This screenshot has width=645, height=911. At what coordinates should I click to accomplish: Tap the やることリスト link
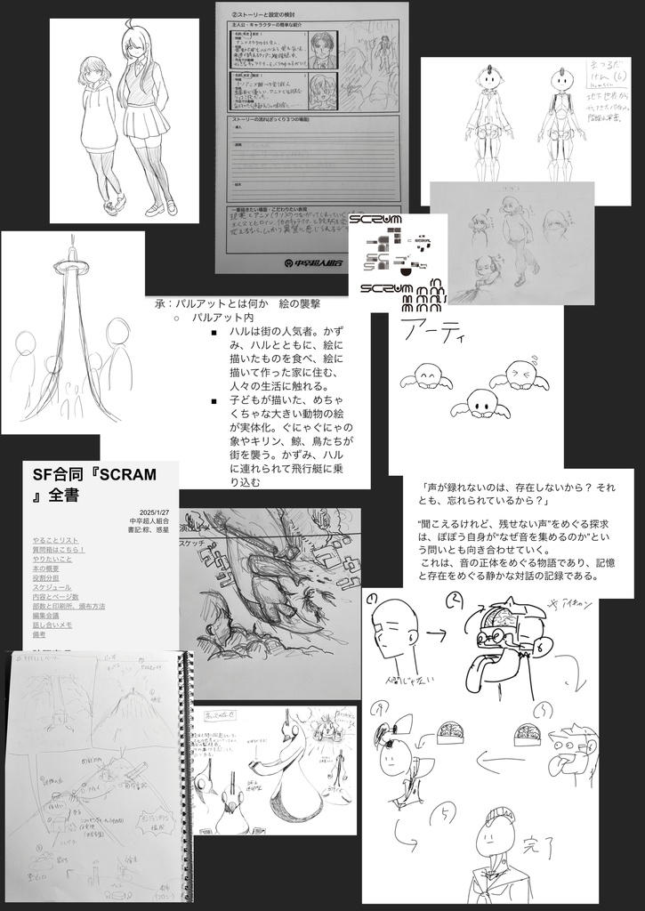pyautogui.click(x=55, y=540)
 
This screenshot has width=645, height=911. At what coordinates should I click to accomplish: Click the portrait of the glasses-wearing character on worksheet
pyautogui.click(x=322, y=50)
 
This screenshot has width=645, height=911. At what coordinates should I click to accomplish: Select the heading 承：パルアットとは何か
pyautogui.click(x=226, y=303)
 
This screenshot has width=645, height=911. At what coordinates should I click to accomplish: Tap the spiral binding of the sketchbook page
pyautogui.click(x=188, y=765)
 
